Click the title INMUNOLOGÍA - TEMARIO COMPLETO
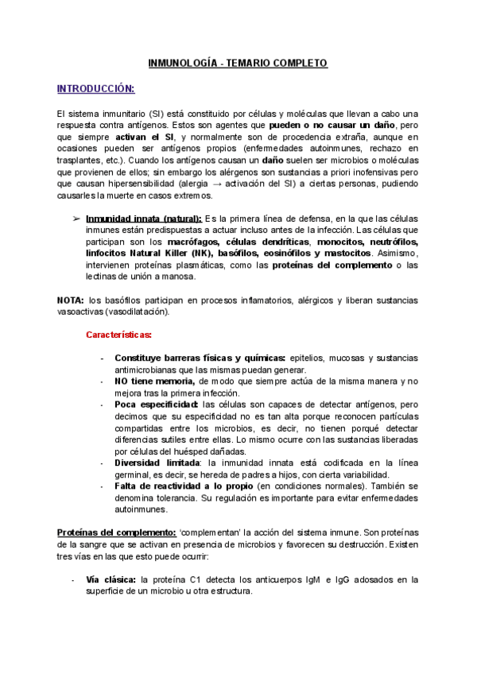point(238,64)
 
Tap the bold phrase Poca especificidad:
point(157,405)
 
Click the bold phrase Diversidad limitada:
point(159,463)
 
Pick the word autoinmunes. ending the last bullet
point(142,509)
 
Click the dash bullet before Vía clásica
point(73,579)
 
